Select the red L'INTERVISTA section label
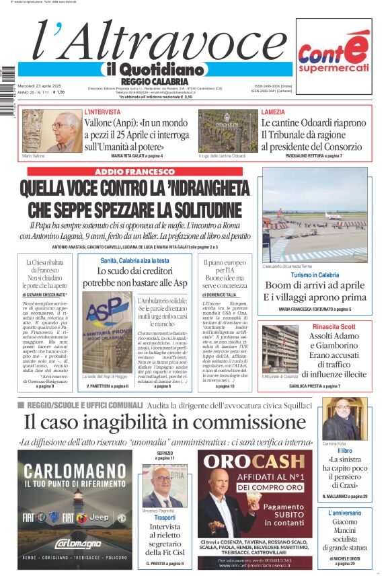[102, 112]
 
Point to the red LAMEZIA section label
[273, 112]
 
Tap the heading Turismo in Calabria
[315, 275]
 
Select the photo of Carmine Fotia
[344, 418]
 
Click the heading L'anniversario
[344, 513]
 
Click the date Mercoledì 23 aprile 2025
[39, 85]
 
